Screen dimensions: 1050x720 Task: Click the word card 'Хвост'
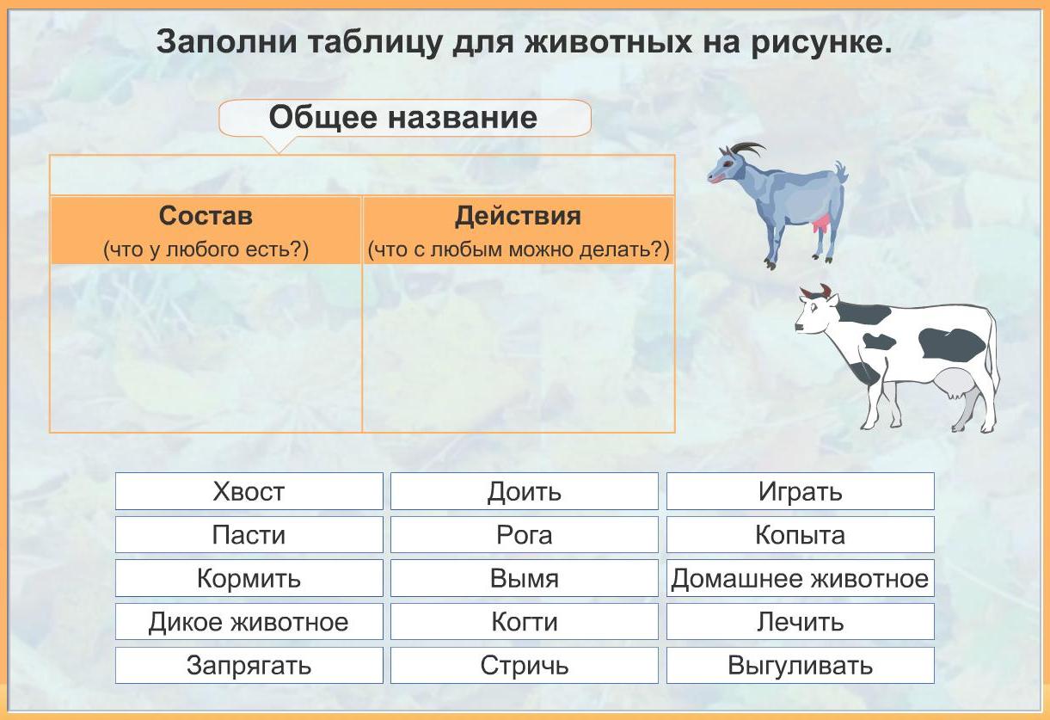[x=249, y=491]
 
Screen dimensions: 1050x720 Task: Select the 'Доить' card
[x=524, y=491]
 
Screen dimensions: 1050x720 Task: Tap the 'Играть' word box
[x=800, y=491]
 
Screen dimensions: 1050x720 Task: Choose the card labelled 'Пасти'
[x=249, y=535]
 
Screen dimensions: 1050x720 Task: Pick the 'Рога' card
[x=524, y=535]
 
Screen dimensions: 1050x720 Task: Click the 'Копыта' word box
[x=800, y=535]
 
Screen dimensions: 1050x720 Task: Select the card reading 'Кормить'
[x=249, y=578]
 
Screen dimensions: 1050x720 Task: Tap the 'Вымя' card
[x=524, y=578]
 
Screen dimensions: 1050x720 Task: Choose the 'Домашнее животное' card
[x=800, y=578]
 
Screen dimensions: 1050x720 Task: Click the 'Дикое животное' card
[x=249, y=622]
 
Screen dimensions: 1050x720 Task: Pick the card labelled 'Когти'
[x=524, y=622]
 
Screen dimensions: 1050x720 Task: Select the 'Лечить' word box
[x=800, y=622]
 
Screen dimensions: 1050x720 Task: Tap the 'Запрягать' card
[x=249, y=665]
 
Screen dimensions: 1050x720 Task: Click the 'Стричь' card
[x=524, y=665]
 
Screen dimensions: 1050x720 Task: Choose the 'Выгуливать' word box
[x=800, y=665]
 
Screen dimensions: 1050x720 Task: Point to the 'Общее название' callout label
[x=404, y=118]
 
